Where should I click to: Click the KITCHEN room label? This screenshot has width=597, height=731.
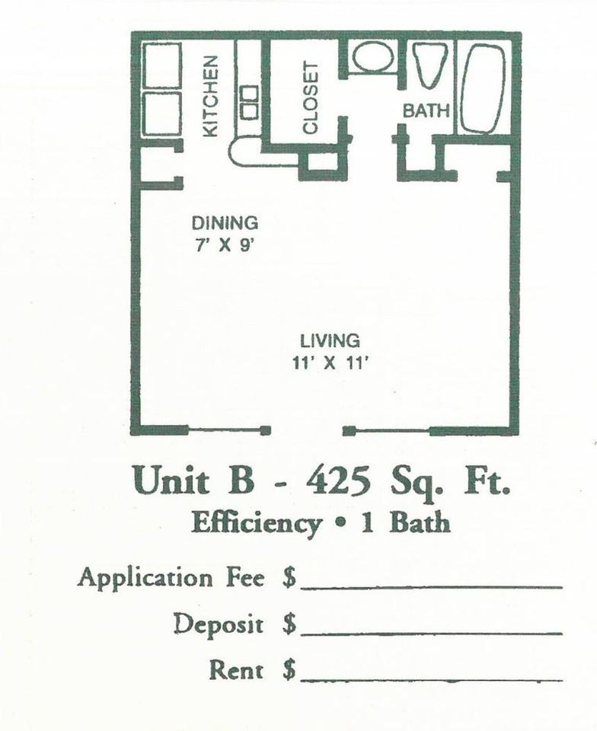click(x=211, y=95)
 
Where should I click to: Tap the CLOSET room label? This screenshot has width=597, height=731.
click(x=310, y=97)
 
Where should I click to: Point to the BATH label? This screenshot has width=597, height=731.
click(x=426, y=110)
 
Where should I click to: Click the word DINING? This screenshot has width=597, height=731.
click(x=225, y=223)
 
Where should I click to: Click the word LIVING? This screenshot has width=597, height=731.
click(x=329, y=340)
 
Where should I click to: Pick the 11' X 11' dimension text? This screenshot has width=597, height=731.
click(x=329, y=362)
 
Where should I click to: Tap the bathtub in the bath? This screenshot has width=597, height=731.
click(x=483, y=88)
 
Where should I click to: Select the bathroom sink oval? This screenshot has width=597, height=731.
click(x=373, y=58)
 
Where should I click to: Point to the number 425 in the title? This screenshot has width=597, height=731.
click(x=339, y=481)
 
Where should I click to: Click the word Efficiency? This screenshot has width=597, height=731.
click(x=255, y=524)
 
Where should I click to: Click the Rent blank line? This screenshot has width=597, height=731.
click(x=431, y=678)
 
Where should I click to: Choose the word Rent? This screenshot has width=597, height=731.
click(x=236, y=671)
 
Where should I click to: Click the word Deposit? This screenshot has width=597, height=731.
click(x=218, y=625)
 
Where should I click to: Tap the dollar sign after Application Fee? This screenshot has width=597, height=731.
click(x=289, y=579)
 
